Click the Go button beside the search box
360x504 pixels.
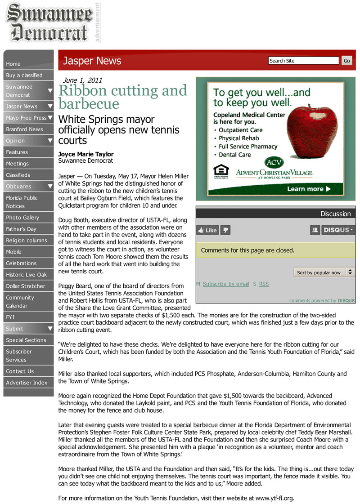pyautogui.click(x=346, y=61)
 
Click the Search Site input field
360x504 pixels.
pyautogui.click(x=303, y=61)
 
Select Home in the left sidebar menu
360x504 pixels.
pyautogui.click(x=13, y=64)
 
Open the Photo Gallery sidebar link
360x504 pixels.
pyautogui.click(x=22, y=218)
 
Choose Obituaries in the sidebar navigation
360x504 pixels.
pyautogui.click(x=19, y=186)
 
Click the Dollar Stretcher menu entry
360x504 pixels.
pyautogui.click(x=26, y=286)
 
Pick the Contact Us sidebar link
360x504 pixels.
pyautogui.click(x=20, y=371)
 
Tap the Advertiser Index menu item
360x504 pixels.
pyautogui.click(x=27, y=383)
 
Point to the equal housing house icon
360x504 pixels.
pyautogui.click(x=220, y=170)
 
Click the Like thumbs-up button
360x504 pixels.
pyautogui.click(x=207, y=230)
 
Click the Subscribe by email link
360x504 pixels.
pyautogui.click(x=225, y=284)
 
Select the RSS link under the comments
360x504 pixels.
pyautogui.click(x=264, y=284)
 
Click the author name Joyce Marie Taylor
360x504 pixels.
pyautogui.click(x=86, y=154)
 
